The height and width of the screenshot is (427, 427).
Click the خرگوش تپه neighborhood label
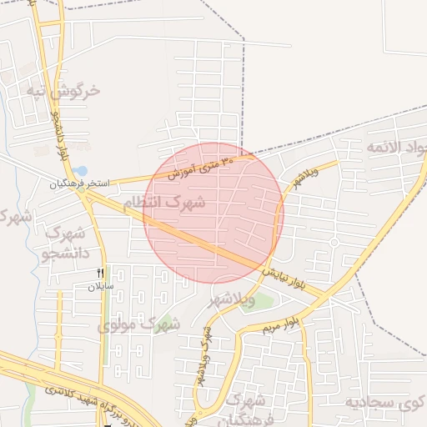(x=63, y=90)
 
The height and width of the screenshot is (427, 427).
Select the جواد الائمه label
(x=395, y=148)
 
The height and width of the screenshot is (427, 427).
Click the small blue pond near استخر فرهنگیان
(x=79, y=172)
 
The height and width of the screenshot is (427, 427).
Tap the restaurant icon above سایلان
(x=101, y=273)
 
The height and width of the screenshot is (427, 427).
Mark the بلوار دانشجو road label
(x=58, y=133)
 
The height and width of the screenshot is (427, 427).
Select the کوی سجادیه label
(x=386, y=403)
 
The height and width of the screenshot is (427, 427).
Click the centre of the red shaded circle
(x=213, y=213)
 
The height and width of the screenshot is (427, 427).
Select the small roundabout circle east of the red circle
(x=333, y=243)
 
